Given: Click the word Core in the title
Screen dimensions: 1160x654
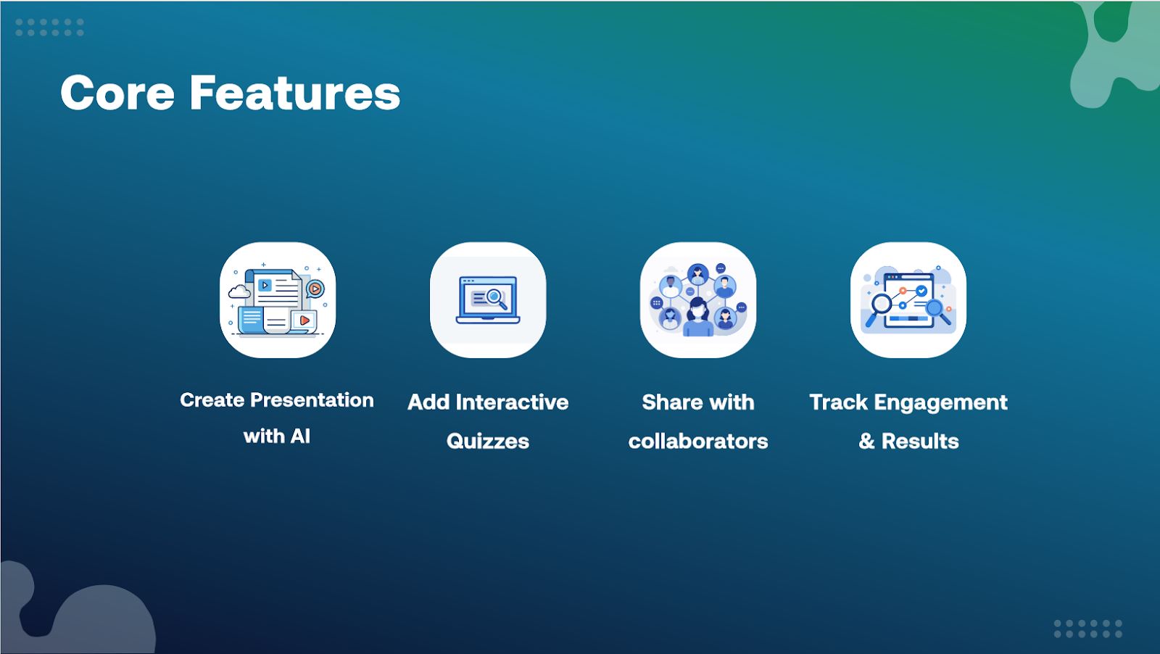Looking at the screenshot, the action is coord(117,94).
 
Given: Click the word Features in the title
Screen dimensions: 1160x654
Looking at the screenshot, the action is coord(295,94).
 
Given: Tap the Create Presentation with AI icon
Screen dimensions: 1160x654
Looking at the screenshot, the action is coord(278,300).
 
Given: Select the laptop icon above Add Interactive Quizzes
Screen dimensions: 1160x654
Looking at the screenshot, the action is coord(488,300).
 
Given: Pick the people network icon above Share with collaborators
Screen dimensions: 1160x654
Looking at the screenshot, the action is coord(698,300).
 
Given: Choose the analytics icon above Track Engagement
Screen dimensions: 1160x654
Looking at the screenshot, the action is coord(908,300).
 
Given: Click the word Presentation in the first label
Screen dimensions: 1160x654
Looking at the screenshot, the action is coord(312,400).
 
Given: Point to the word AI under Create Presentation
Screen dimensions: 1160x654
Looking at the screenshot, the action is coord(300,436).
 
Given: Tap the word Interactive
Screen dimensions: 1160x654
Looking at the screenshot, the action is coord(512,402).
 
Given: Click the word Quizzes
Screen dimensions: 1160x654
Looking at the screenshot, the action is coord(488,441).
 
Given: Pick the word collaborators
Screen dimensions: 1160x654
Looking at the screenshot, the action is coord(698,441).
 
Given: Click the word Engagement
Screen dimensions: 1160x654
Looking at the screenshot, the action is coord(941,402).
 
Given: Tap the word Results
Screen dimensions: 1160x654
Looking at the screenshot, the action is coord(920,441).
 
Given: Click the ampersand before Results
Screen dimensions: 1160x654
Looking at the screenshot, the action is coord(866,441).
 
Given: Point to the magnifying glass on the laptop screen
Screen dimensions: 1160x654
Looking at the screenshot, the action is coord(496,299).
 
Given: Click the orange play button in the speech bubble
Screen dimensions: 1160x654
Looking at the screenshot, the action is coord(315,289).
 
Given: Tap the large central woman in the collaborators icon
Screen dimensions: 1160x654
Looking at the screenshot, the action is coord(698,317).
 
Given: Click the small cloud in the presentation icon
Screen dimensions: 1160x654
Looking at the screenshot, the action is coord(239,291).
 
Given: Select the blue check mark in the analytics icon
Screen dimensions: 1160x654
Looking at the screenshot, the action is coord(921,291).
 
